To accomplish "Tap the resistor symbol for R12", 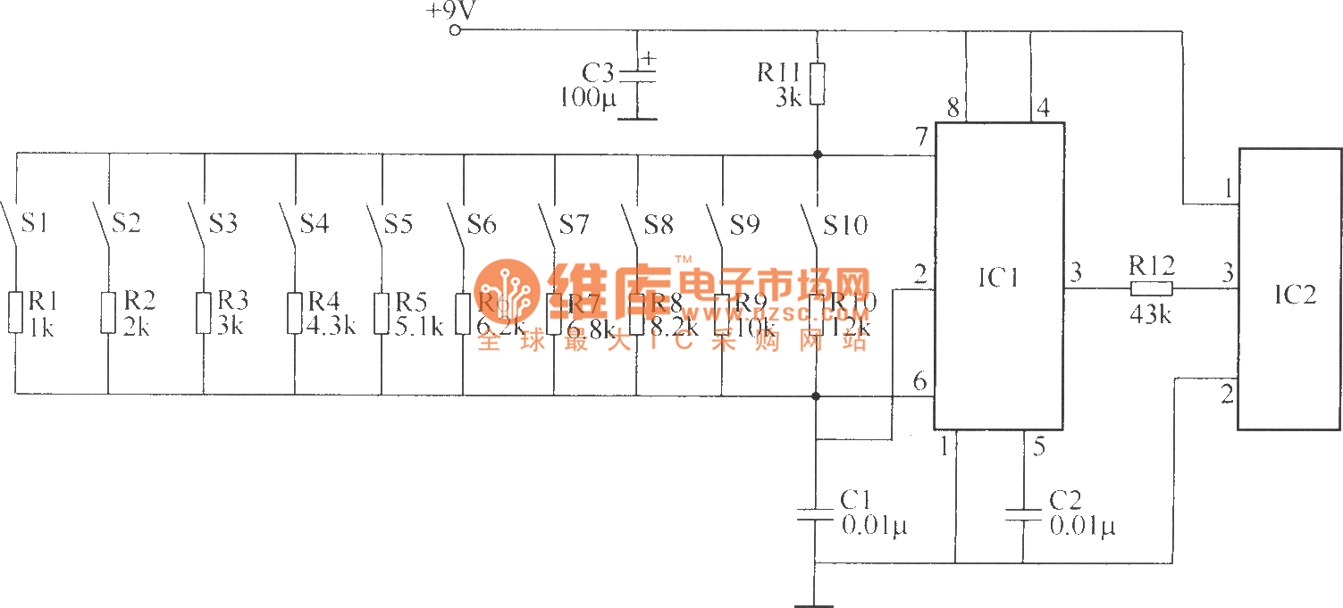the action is [x=1151, y=288].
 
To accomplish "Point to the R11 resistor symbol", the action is [x=817, y=83].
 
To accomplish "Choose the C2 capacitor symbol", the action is [x=1023, y=514].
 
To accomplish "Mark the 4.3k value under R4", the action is [x=331, y=326].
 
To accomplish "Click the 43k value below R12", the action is [x=1151, y=315].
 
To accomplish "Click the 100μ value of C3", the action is [x=588, y=97].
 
